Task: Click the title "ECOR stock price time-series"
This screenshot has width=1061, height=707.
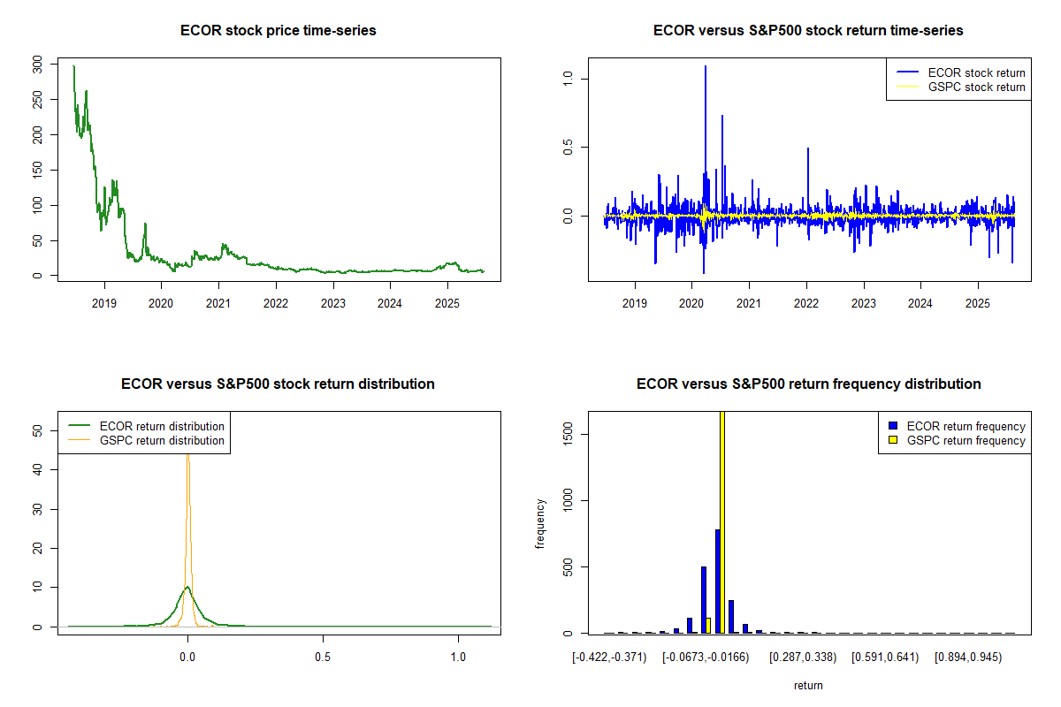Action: click(278, 31)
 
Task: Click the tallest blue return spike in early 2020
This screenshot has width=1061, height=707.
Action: click(705, 67)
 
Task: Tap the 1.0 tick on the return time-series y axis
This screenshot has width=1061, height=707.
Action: click(567, 78)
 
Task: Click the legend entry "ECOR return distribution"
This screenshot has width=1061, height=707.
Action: click(162, 426)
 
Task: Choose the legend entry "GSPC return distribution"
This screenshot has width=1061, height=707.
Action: click(162, 440)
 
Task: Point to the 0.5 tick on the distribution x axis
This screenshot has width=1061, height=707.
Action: click(323, 658)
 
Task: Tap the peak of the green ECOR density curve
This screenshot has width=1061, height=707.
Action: click(187, 587)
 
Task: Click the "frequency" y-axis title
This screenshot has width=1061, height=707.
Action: click(540, 523)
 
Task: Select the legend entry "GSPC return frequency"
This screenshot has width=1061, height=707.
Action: click(966, 440)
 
